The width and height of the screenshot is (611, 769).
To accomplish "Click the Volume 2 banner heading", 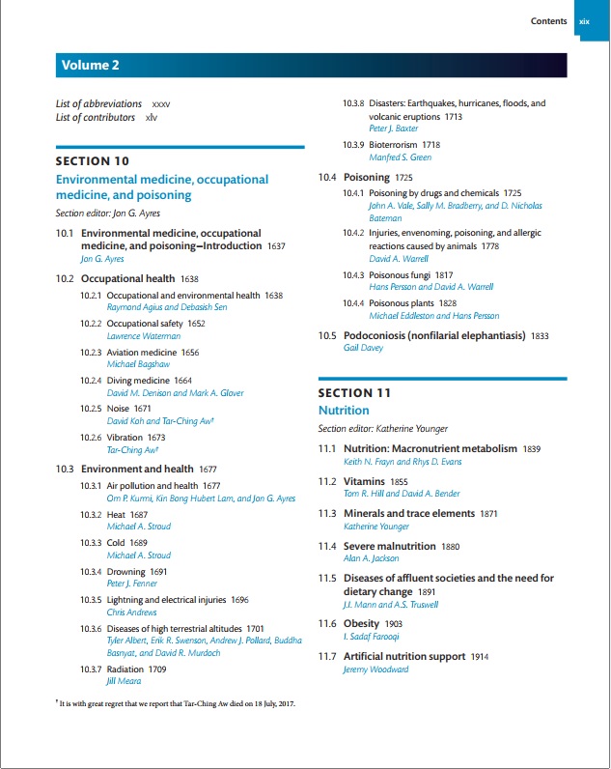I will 91,66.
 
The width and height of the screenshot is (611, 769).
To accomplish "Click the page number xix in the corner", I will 584,21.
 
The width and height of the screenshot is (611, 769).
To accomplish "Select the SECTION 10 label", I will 93,160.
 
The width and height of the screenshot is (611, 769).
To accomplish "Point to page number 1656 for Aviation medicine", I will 191,353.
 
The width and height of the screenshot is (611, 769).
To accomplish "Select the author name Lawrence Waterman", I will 143,336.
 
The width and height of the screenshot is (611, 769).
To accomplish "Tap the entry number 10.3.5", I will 91,599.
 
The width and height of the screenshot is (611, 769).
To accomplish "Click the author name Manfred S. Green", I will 401,157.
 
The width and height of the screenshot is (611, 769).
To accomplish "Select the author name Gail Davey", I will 363,348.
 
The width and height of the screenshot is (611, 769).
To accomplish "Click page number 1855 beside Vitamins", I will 399,482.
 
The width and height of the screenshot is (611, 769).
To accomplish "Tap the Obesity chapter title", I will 362,624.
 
